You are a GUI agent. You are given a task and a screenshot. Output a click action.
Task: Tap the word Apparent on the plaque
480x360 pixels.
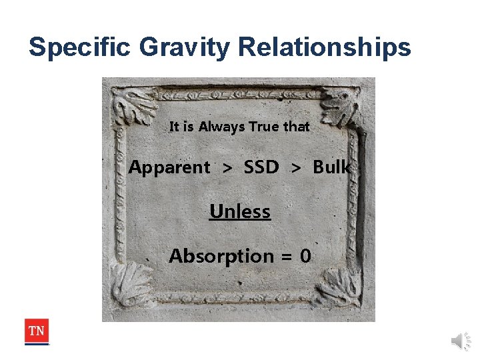169,167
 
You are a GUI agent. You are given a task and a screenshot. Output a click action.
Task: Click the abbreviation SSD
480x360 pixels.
261,167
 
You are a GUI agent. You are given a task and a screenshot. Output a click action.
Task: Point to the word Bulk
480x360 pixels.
331,167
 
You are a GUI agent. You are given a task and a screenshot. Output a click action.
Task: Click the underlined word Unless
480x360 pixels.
240,212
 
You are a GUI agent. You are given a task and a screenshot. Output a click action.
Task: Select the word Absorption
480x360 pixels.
221,257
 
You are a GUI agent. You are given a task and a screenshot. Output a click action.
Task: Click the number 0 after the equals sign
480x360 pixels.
305,256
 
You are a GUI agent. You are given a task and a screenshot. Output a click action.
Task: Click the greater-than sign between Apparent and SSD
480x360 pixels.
227,168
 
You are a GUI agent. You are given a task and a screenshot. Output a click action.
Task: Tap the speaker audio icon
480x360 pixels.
461,341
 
